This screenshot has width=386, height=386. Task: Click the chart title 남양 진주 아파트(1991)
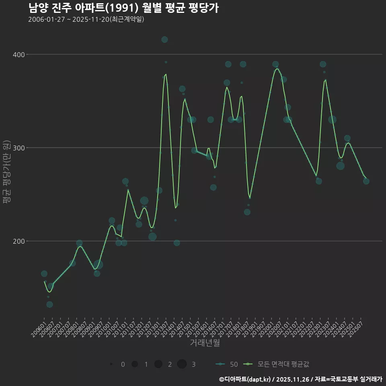[x=124, y=8]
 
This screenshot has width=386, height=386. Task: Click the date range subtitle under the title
[x=86, y=20]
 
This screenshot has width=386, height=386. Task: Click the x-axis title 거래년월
[x=205, y=343]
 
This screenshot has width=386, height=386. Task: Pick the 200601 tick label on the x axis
[x=39, y=329]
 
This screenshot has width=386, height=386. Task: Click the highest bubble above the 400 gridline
[x=164, y=39]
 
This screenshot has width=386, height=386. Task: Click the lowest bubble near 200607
[x=49, y=304]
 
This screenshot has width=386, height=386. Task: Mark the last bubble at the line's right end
[x=366, y=181]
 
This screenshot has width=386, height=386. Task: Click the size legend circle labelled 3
[x=182, y=364]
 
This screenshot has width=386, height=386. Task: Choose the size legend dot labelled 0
[x=111, y=364]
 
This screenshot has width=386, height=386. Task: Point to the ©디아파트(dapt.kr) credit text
[x=245, y=379]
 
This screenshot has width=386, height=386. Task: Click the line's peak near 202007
[x=277, y=69]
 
